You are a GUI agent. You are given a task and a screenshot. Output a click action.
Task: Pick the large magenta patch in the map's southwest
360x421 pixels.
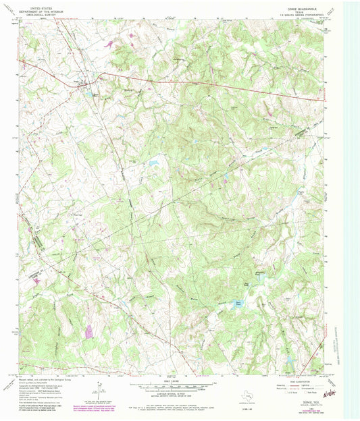[88, 331]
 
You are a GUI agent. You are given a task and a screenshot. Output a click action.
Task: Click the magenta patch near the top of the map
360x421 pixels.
[109, 45]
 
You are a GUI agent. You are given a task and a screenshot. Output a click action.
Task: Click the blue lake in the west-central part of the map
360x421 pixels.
[153, 162]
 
